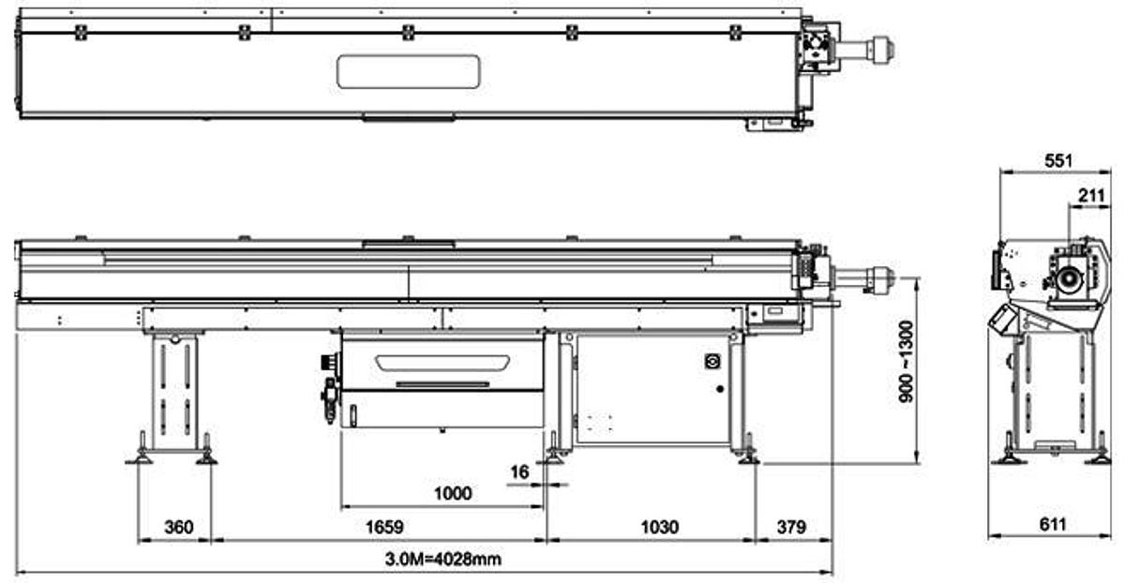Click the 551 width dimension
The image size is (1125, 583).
pos(1057,161)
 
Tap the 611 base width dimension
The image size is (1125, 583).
pos(1053,526)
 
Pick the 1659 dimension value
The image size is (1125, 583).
pos(380,528)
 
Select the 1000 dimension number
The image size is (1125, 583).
pos(453,493)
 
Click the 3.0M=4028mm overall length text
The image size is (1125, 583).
pos(442,561)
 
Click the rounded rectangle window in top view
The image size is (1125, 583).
pos(409,72)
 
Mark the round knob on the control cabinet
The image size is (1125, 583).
pos(710,361)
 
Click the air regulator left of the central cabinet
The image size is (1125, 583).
pos(330,401)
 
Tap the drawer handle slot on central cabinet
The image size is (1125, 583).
pos(442,383)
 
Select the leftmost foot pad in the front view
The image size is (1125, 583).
pos(141,457)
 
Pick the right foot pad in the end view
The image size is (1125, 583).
pos(1098,458)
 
